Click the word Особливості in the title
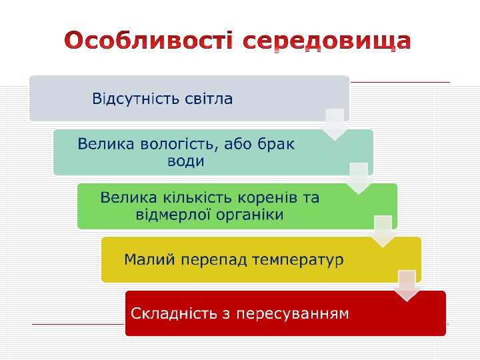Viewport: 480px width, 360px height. click(150, 42)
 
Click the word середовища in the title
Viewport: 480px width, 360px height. click(327, 42)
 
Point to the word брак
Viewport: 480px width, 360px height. click(277, 144)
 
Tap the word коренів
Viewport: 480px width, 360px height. click(261, 198)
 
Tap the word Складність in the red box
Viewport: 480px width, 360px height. click(169, 313)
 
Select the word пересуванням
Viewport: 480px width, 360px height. click(293, 313)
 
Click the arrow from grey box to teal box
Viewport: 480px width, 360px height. click(335, 124)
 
